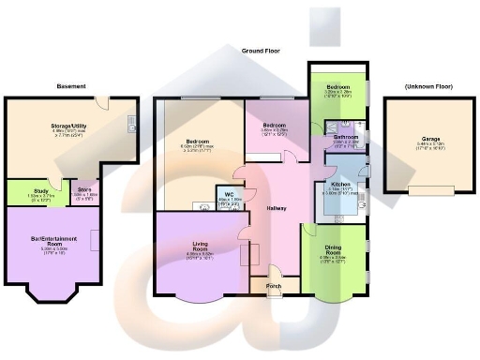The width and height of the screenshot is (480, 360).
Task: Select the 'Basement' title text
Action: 70,86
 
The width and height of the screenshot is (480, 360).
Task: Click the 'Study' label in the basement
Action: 27,190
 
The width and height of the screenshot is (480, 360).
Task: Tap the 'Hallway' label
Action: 276,207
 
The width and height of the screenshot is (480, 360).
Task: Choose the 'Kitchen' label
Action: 341,185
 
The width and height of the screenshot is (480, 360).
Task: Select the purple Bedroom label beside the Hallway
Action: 274,125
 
